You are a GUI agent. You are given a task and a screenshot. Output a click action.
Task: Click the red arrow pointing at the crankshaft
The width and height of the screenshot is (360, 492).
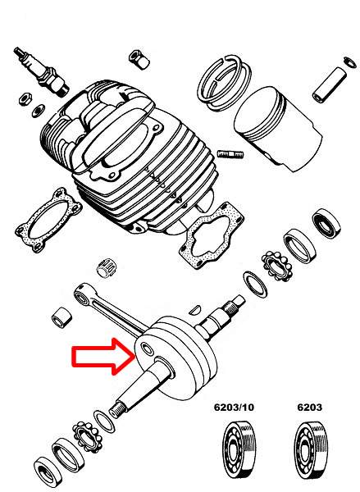click(x=103, y=356)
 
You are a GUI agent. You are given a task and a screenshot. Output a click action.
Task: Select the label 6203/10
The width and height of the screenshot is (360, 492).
click(x=234, y=408)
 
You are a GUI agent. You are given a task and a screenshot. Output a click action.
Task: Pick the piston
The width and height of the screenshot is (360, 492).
click(x=278, y=129)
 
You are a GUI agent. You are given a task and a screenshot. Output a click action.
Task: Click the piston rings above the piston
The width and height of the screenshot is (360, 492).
click(x=224, y=82)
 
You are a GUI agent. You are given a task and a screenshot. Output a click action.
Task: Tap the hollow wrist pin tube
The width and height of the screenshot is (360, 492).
click(x=330, y=84)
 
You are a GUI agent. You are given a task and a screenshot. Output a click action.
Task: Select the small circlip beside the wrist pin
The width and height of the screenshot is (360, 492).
click(x=350, y=61)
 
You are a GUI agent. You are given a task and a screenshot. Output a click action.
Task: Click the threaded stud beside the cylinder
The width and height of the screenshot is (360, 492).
click(x=230, y=154)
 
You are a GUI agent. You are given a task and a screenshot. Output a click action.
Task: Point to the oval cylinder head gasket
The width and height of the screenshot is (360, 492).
click(x=48, y=219)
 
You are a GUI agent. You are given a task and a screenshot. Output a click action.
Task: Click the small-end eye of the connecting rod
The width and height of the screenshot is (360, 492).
click(x=81, y=294)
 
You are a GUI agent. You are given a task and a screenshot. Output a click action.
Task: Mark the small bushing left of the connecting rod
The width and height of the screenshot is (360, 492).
click(x=62, y=317)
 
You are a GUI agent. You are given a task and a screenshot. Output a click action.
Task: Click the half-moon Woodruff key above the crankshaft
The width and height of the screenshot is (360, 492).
click(x=195, y=309)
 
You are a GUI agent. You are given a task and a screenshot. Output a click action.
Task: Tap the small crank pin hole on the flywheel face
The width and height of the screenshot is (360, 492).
click(x=148, y=348)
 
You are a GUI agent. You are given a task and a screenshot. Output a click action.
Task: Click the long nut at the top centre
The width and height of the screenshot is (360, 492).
click(x=139, y=59)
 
